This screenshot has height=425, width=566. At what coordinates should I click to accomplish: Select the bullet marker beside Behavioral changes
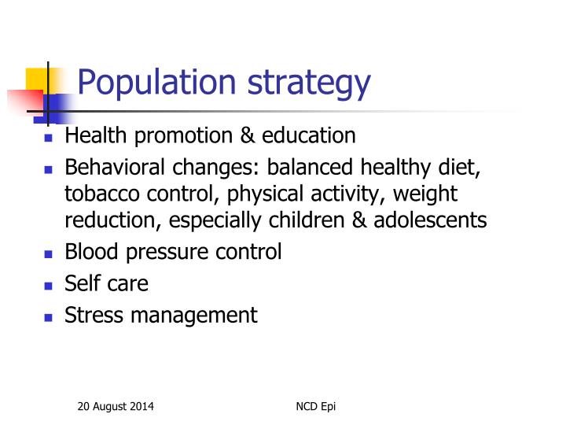point(48,169)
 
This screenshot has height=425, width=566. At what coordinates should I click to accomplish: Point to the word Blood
point(88,252)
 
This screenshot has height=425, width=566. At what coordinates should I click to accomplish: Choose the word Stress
point(90,315)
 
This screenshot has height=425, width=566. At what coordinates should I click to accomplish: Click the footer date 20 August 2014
point(116,406)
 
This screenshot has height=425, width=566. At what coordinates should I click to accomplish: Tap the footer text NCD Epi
point(315,406)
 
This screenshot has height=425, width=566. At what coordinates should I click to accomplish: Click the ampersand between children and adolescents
point(359,220)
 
